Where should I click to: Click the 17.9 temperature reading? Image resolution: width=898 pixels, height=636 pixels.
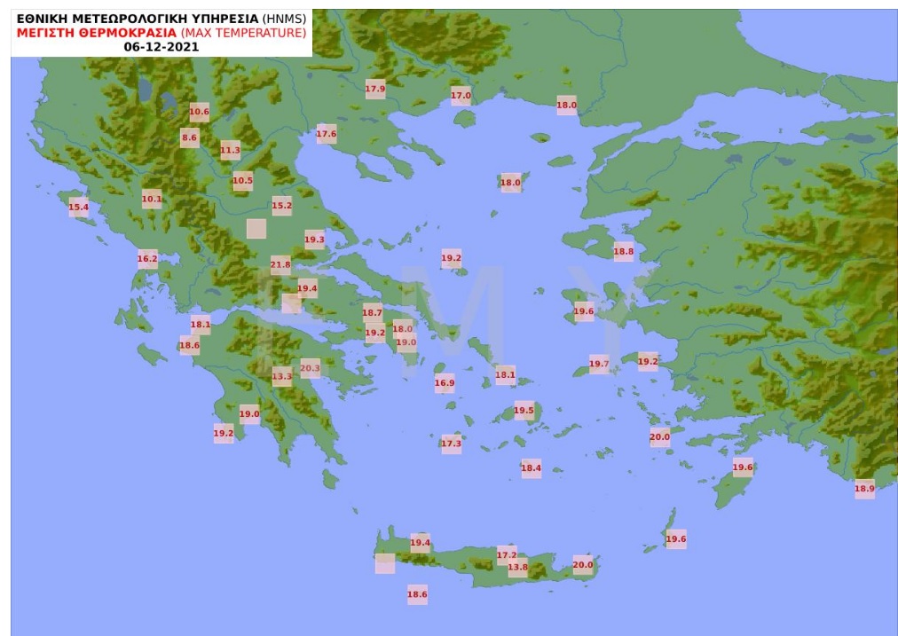click(375, 89)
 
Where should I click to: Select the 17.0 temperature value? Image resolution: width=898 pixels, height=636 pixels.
click(461, 95)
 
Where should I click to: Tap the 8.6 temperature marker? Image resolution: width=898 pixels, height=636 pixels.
click(189, 137)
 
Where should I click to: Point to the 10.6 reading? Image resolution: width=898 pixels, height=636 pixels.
click(199, 111)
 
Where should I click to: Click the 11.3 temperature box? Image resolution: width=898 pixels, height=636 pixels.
click(230, 151)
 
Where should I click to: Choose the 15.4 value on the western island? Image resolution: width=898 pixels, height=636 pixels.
click(79, 208)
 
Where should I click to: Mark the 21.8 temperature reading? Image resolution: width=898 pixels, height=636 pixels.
click(280, 264)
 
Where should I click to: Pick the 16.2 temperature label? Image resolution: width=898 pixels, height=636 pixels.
click(147, 260)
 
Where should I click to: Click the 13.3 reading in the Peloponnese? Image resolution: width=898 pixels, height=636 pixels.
click(281, 376)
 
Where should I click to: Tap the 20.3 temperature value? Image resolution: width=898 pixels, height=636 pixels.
click(310, 367)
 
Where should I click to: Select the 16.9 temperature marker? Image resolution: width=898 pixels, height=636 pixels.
click(445, 384)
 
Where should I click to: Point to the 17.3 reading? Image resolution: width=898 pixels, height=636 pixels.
click(451, 444)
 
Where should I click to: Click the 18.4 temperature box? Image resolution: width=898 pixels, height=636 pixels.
click(531, 467)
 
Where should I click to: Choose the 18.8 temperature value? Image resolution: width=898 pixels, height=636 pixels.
click(624, 252)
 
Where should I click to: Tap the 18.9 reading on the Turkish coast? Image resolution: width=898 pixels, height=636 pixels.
click(864, 488)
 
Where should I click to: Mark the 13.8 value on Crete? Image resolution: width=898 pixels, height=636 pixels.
click(517, 568)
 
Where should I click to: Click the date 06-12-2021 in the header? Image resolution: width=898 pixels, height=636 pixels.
click(161, 46)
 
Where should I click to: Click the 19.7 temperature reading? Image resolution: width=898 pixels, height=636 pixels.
click(599, 364)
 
